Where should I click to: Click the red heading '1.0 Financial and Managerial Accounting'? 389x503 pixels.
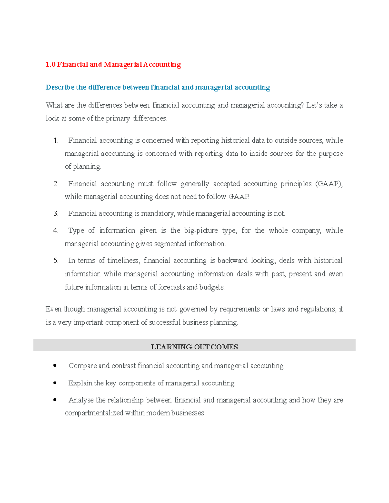click(113, 64)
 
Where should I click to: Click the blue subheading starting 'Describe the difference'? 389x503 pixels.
click(158, 87)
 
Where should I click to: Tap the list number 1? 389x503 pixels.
click(56, 141)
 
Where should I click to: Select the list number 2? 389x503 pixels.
click(56, 184)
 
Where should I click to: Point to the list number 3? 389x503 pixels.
click(56, 214)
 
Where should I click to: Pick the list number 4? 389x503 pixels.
click(56, 231)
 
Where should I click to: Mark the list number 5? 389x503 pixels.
click(56, 261)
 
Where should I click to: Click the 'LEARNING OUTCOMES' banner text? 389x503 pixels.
click(194, 347)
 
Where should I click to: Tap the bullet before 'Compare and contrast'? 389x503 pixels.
click(55, 366)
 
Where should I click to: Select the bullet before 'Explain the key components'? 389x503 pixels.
click(55, 383)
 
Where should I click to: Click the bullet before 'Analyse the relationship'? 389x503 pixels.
click(55, 400)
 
